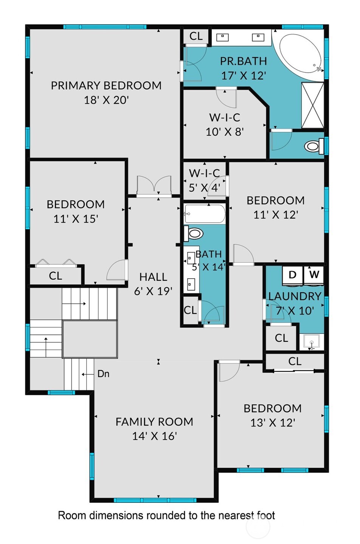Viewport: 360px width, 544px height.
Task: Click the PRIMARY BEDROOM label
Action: (106, 85)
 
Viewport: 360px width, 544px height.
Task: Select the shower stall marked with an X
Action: (313, 105)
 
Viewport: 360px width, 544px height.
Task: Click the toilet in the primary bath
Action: (313, 146)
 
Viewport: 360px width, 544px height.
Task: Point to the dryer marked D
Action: (292, 275)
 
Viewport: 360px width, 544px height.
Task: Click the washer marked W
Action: (314, 275)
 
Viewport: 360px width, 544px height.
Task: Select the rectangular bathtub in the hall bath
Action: (205, 215)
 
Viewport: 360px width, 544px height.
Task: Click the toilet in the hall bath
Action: (194, 234)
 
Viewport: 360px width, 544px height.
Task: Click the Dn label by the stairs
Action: (103, 374)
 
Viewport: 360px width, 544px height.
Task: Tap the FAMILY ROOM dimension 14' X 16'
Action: (154, 436)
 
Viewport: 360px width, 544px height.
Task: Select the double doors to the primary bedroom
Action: (154, 186)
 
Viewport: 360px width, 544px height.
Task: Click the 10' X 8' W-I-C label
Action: (225, 132)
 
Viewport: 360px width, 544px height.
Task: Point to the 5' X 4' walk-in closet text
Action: (204, 187)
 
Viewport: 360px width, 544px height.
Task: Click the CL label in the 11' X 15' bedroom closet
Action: (55, 276)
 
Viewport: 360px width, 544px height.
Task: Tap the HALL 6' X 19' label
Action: (153, 284)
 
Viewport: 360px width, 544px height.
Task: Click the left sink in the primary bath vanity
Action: (223, 37)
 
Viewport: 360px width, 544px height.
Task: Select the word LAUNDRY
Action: (295, 296)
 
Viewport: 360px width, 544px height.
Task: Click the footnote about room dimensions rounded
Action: (166, 516)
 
